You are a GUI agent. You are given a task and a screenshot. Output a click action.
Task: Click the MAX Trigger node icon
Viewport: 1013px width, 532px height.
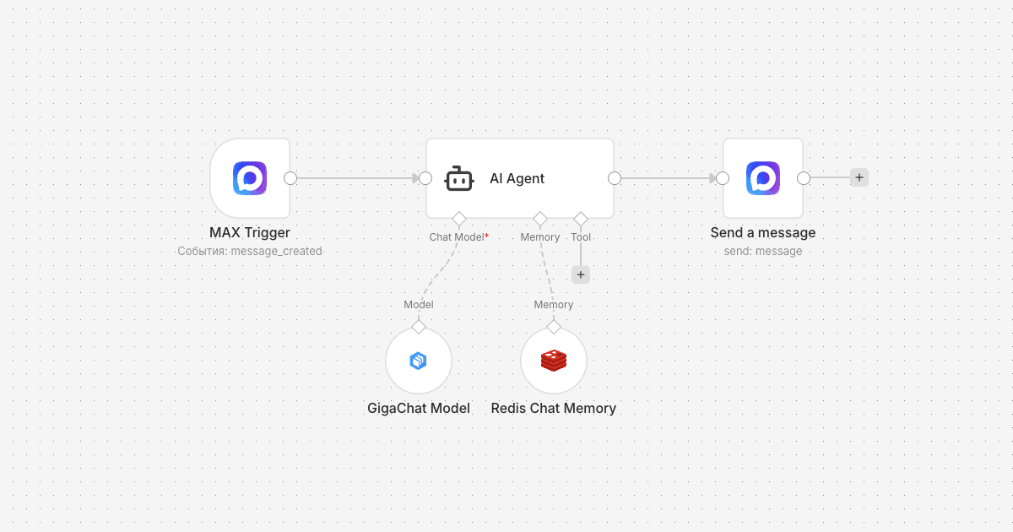pos(250,178)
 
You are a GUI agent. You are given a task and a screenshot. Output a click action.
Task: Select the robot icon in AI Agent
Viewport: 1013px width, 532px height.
pos(459,178)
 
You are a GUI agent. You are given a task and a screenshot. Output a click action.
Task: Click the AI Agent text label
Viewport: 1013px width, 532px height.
pos(517,178)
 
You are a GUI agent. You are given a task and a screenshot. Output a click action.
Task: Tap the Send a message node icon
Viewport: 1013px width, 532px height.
pos(763,178)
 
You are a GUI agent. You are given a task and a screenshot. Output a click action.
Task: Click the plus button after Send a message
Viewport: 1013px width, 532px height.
pos(859,177)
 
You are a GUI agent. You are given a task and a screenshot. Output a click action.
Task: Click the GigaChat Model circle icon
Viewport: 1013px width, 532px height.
pos(418,361)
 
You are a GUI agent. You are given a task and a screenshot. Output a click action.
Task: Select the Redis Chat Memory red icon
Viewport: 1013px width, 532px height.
pos(554,361)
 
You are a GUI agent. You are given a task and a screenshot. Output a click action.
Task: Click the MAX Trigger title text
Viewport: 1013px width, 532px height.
pos(250,232)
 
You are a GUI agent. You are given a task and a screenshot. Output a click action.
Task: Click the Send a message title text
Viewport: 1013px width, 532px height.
pos(763,232)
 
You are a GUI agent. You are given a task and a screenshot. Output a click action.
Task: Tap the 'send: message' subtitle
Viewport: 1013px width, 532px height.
pos(763,251)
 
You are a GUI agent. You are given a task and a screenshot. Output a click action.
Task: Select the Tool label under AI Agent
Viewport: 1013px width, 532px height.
pos(581,237)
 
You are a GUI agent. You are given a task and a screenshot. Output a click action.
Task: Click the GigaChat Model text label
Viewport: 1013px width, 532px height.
pos(418,408)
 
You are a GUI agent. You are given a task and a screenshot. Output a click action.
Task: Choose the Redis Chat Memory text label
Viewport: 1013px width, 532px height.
pos(554,408)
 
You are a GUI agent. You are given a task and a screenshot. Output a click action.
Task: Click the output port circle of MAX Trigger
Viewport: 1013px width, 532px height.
pos(290,178)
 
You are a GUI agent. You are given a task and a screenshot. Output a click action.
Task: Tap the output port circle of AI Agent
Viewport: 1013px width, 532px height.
pos(615,178)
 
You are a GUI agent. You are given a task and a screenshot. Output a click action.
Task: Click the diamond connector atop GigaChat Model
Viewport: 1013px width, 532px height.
pos(418,327)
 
